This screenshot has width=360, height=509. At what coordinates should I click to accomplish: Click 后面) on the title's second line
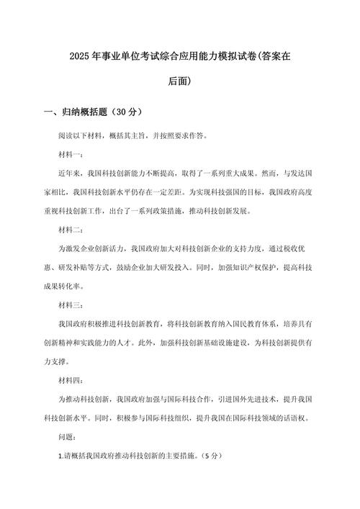click(x=179, y=81)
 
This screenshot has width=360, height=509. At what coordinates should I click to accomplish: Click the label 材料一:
click(x=71, y=155)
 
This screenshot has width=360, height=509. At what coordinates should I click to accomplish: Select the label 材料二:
click(x=71, y=230)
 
